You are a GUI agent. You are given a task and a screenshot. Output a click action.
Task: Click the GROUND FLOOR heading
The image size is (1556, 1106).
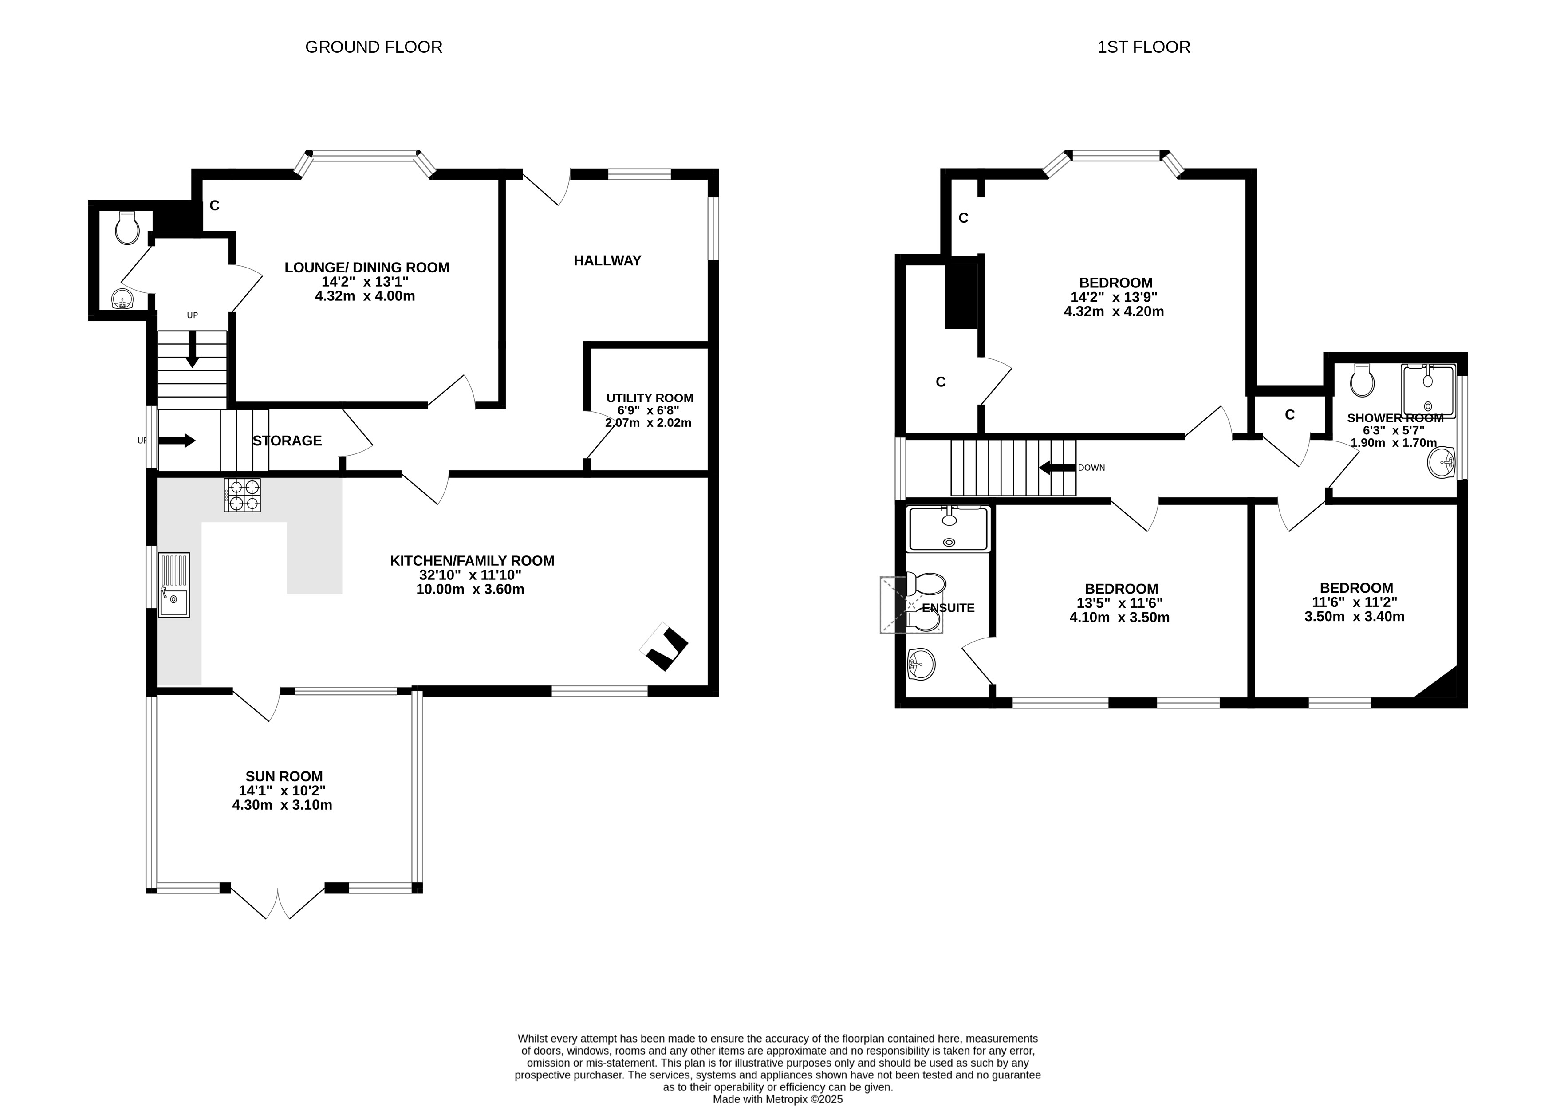374,47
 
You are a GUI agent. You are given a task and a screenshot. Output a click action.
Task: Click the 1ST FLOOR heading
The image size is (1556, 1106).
1144,47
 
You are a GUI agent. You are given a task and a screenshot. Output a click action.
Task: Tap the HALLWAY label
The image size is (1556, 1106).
607,260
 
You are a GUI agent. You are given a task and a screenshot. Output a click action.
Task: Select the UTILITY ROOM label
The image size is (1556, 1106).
650,398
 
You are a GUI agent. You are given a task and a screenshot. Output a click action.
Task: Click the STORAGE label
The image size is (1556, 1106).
288,441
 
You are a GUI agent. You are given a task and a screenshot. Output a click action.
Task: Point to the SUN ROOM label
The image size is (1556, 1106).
284,776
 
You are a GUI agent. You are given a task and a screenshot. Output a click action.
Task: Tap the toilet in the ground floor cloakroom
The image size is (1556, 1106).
127,228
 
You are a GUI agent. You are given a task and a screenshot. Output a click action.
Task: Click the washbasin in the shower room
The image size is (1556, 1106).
1441,463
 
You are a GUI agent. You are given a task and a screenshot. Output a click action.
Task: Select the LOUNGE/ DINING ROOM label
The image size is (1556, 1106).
367,268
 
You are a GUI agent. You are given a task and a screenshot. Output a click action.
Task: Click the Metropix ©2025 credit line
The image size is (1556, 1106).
778,1099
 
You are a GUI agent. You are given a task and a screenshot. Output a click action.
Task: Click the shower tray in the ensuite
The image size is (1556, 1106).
948,528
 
